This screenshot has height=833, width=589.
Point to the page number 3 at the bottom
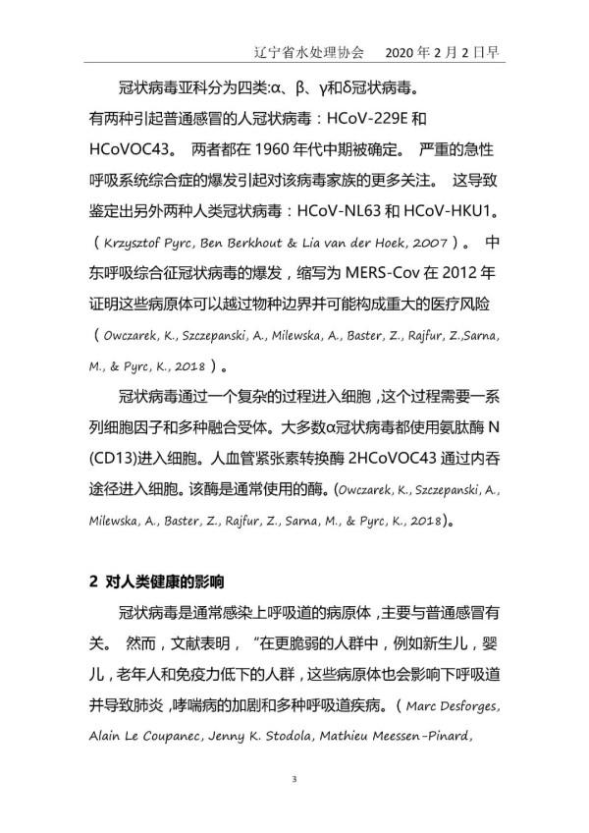[x=294, y=780]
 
